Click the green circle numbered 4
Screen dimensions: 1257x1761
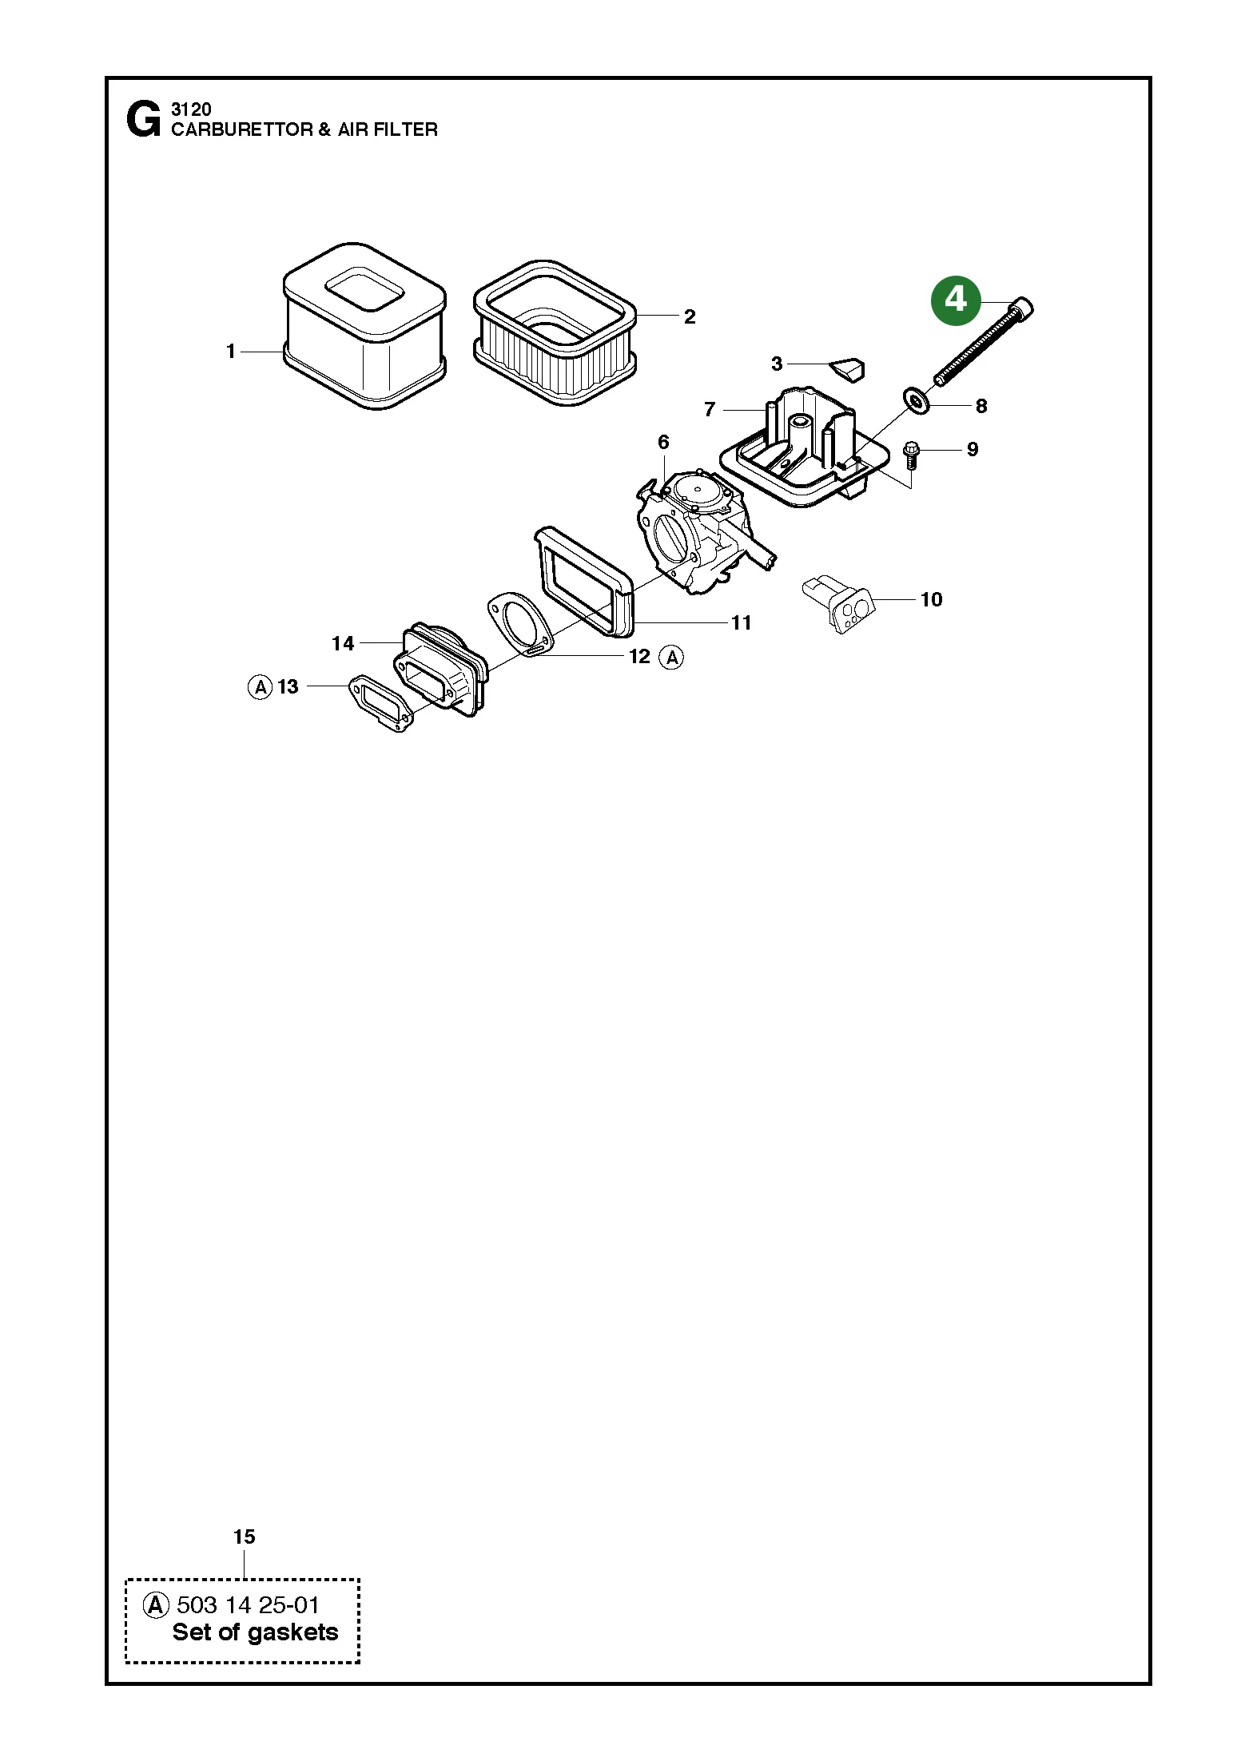[955, 300]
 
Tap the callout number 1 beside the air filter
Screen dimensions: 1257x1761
[231, 351]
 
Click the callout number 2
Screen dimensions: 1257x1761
[690, 317]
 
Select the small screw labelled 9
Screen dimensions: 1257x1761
[911, 456]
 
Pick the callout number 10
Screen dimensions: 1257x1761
[932, 599]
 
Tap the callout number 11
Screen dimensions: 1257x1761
[742, 622]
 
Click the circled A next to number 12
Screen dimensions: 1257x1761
[672, 658]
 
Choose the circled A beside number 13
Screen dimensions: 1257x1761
[261, 686]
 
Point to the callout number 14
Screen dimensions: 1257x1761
[343, 643]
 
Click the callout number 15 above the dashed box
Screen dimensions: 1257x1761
[245, 1536]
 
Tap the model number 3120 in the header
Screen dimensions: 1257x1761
[191, 109]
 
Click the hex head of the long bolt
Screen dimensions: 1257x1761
[1022, 307]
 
